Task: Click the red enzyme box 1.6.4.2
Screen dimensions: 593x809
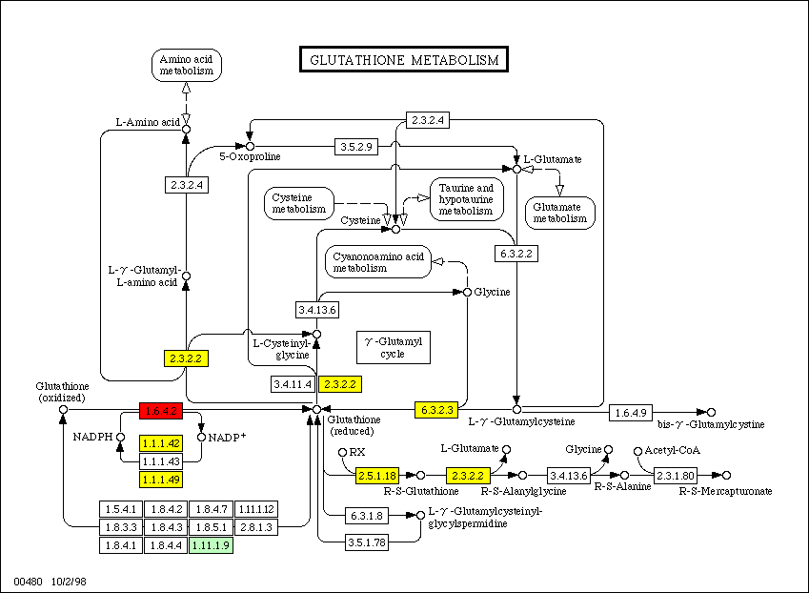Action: coord(160,411)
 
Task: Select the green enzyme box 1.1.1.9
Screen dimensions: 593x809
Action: coord(211,545)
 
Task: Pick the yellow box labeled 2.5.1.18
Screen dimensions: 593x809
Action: coord(376,475)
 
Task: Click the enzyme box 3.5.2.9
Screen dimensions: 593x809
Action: coord(357,147)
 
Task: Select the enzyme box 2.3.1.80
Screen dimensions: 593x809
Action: coord(676,475)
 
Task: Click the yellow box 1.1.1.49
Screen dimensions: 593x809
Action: coord(160,480)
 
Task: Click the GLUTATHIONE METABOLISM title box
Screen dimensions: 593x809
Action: coord(404,60)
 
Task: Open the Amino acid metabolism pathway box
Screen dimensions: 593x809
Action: coord(186,65)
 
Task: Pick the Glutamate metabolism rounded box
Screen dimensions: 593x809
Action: coord(560,212)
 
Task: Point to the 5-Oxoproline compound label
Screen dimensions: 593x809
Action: coord(251,156)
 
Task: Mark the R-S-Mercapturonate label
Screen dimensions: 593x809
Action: coord(726,491)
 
